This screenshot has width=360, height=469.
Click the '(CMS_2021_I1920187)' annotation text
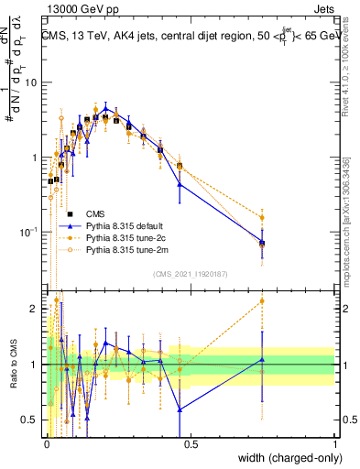click(x=189, y=274)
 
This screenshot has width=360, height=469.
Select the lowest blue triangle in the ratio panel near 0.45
click(x=180, y=409)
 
